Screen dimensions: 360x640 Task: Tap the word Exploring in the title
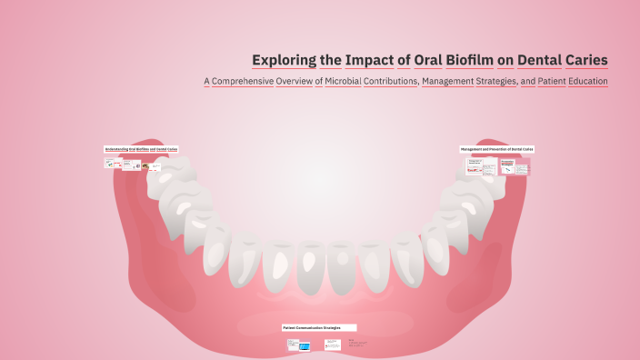click(x=284, y=61)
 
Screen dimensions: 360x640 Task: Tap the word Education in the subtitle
click(x=582, y=82)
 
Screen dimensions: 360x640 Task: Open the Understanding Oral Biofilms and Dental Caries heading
click(x=141, y=148)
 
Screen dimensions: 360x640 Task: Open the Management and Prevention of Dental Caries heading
click(x=496, y=148)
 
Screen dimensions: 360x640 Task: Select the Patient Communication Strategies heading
click(x=318, y=327)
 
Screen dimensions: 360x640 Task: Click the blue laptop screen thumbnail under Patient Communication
click(x=305, y=346)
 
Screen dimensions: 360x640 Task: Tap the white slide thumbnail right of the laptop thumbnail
click(x=332, y=345)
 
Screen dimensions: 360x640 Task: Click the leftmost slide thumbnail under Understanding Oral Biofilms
click(x=112, y=165)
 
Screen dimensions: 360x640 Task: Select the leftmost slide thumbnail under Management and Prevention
click(x=474, y=166)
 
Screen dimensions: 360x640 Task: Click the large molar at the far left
click(x=173, y=177)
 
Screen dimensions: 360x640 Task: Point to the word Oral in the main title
click(x=424, y=61)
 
